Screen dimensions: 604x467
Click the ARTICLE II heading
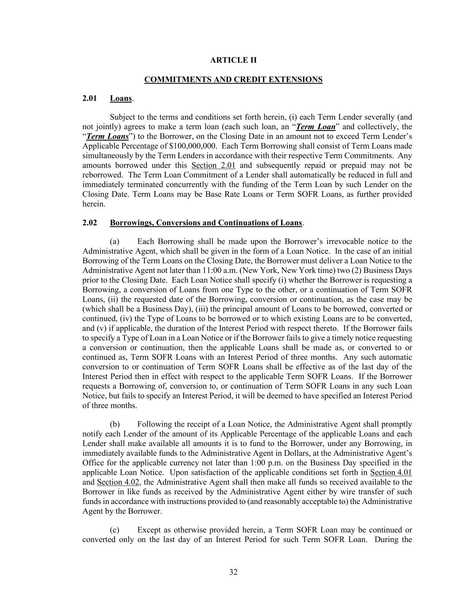point(233,60)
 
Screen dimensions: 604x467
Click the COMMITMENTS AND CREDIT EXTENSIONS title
point(233,80)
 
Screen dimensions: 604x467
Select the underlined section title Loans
point(121,98)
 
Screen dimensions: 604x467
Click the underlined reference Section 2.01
point(213,165)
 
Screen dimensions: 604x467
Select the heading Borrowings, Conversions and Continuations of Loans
point(206,223)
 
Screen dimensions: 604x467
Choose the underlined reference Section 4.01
point(391,473)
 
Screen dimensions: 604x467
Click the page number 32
point(233,572)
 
